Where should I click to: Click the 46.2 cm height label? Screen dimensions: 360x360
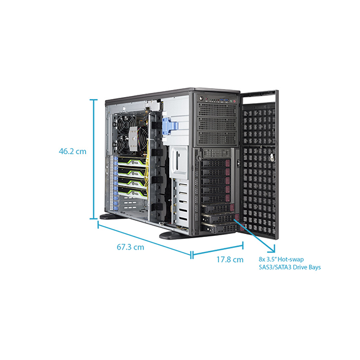pos(73,151)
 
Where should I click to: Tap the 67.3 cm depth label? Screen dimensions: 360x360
pos(130,247)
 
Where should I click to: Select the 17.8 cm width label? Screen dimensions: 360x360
pos(230,259)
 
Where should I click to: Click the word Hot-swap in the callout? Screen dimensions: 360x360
pos(290,259)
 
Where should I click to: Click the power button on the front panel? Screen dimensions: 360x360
pos(202,98)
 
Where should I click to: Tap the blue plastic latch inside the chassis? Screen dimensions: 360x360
pos(170,126)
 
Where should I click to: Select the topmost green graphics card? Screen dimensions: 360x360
pos(132,161)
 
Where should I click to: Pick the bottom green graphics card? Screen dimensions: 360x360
pos(132,192)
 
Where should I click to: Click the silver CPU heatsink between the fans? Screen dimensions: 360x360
pos(133,139)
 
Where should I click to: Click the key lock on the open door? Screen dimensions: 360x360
pos(272,157)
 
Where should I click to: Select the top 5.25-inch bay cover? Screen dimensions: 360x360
pos(217,110)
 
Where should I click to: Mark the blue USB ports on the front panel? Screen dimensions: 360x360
pos(224,100)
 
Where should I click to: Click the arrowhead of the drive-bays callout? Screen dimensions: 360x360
pos(272,250)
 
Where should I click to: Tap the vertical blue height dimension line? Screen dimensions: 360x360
pos(94,160)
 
